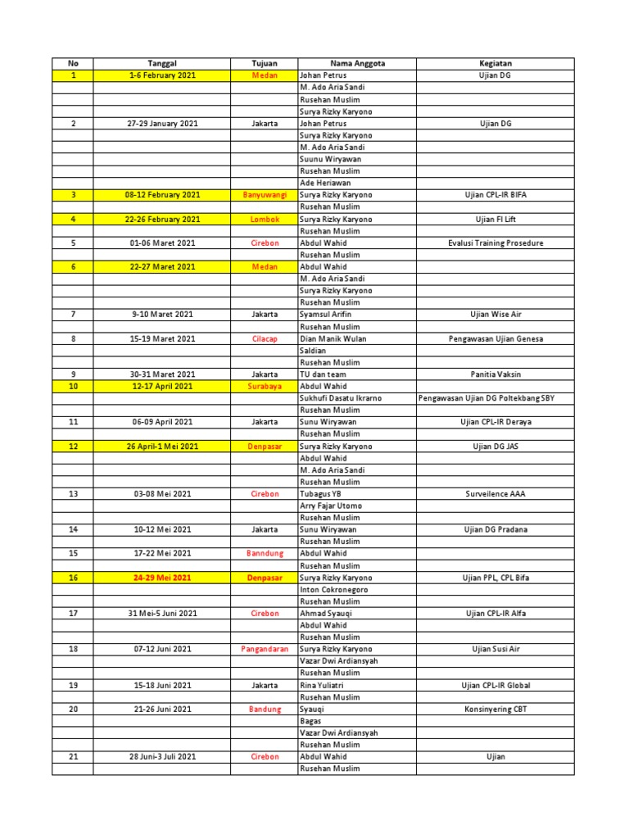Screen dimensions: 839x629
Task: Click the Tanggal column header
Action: click(161, 63)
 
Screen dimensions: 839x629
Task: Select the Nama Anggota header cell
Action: click(357, 63)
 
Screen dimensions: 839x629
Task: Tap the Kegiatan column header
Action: click(495, 63)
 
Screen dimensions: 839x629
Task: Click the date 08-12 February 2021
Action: click(161, 195)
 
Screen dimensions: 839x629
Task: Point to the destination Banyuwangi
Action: click(265, 195)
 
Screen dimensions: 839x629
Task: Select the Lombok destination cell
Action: click(265, 219)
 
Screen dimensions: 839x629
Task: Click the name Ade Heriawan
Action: click(325, 183)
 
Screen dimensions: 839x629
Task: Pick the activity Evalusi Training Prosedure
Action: click(495, 243)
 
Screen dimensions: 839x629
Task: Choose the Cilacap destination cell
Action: click(265, 338)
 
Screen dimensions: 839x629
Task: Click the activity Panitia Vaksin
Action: click(495, 374)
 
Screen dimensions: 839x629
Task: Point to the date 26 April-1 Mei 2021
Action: click(161, 447)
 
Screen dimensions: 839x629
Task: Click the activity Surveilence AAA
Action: click(495, 494)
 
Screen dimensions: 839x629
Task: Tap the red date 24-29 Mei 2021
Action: click(161, 578)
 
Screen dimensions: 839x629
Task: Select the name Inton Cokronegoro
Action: click(334, 590)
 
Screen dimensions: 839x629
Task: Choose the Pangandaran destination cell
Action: click(265, 649)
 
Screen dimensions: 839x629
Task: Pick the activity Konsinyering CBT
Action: click(495, 709)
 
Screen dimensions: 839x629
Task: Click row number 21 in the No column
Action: click(73, 757)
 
